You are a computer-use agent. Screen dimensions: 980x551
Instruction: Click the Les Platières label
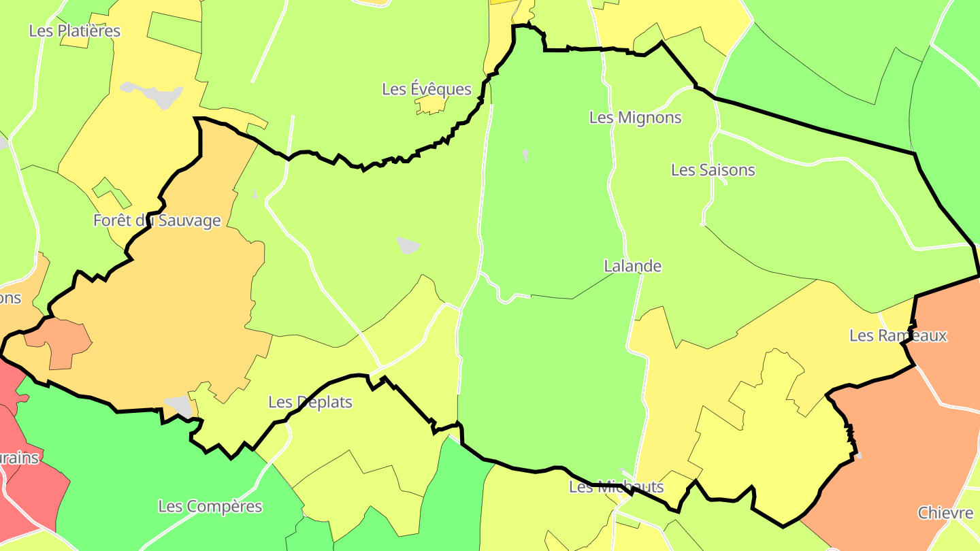coord(75,31)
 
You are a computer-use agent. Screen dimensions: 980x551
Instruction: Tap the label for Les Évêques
coord(427,89)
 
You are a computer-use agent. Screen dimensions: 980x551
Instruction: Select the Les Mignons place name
coord(635,118)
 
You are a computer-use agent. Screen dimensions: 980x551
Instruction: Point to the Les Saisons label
coord(713,170)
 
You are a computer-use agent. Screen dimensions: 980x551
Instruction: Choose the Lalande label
coord(632,266)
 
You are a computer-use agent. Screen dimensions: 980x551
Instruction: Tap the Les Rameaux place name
coord(898,335)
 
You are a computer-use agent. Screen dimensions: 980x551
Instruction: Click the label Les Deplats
coord(310,402)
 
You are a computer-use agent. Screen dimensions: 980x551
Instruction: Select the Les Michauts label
coord(616,487)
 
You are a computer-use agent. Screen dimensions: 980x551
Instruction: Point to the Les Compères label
coord(210,506)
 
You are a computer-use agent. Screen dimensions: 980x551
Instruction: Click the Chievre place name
coord(945,513)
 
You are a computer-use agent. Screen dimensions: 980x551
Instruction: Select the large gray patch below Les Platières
coord(155,95)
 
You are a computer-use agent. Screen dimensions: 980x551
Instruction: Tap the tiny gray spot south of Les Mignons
coord(525,154)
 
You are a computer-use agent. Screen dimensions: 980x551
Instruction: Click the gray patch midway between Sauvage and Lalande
coord(408,245)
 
